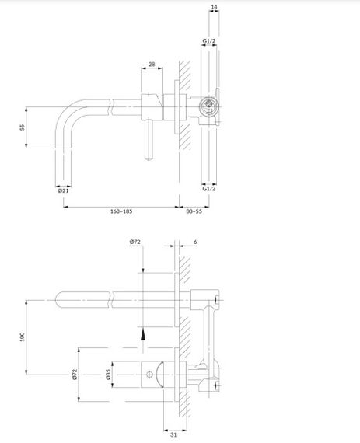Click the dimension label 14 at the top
point(214,7)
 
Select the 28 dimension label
point(152,65)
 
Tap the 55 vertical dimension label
point(22,127)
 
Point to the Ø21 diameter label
point(63,190)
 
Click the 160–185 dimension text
point(121,211)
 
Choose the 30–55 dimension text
point(194,211)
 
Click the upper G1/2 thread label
point(209,41)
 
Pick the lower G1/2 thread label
point(209,188)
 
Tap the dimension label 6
point(195,242)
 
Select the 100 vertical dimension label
point(22,337)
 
